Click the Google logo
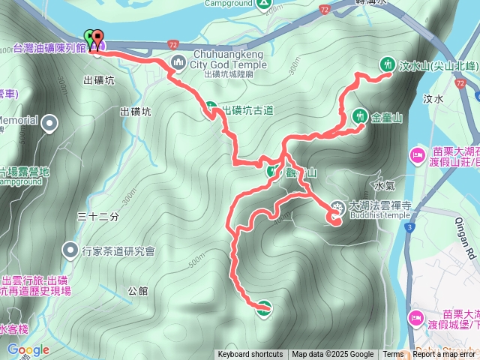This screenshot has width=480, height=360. [28, 349]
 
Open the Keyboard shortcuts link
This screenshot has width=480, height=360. [250, 355]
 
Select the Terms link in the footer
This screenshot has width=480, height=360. [393, 355]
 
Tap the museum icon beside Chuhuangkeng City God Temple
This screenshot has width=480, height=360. [178, 61]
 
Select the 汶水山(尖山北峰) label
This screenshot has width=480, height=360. [430, 65]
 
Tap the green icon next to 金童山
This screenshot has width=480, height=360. [358, 116]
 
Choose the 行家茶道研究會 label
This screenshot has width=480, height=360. [118, 250]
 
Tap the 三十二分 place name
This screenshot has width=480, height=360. [98, 217]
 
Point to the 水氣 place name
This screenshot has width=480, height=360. [384, 184]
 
